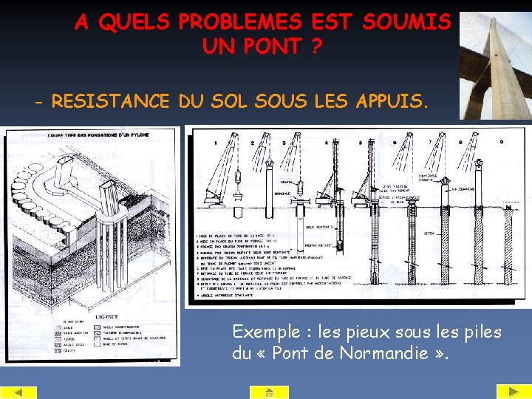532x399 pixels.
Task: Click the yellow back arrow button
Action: pos(19,392)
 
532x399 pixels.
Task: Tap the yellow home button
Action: pos(270,392)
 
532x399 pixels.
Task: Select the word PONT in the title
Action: pos(252,47)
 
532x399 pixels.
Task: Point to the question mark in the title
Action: pos(316,47)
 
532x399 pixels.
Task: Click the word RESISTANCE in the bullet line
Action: pos(111,100)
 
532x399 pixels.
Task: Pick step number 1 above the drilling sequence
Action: pos(215,143)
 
